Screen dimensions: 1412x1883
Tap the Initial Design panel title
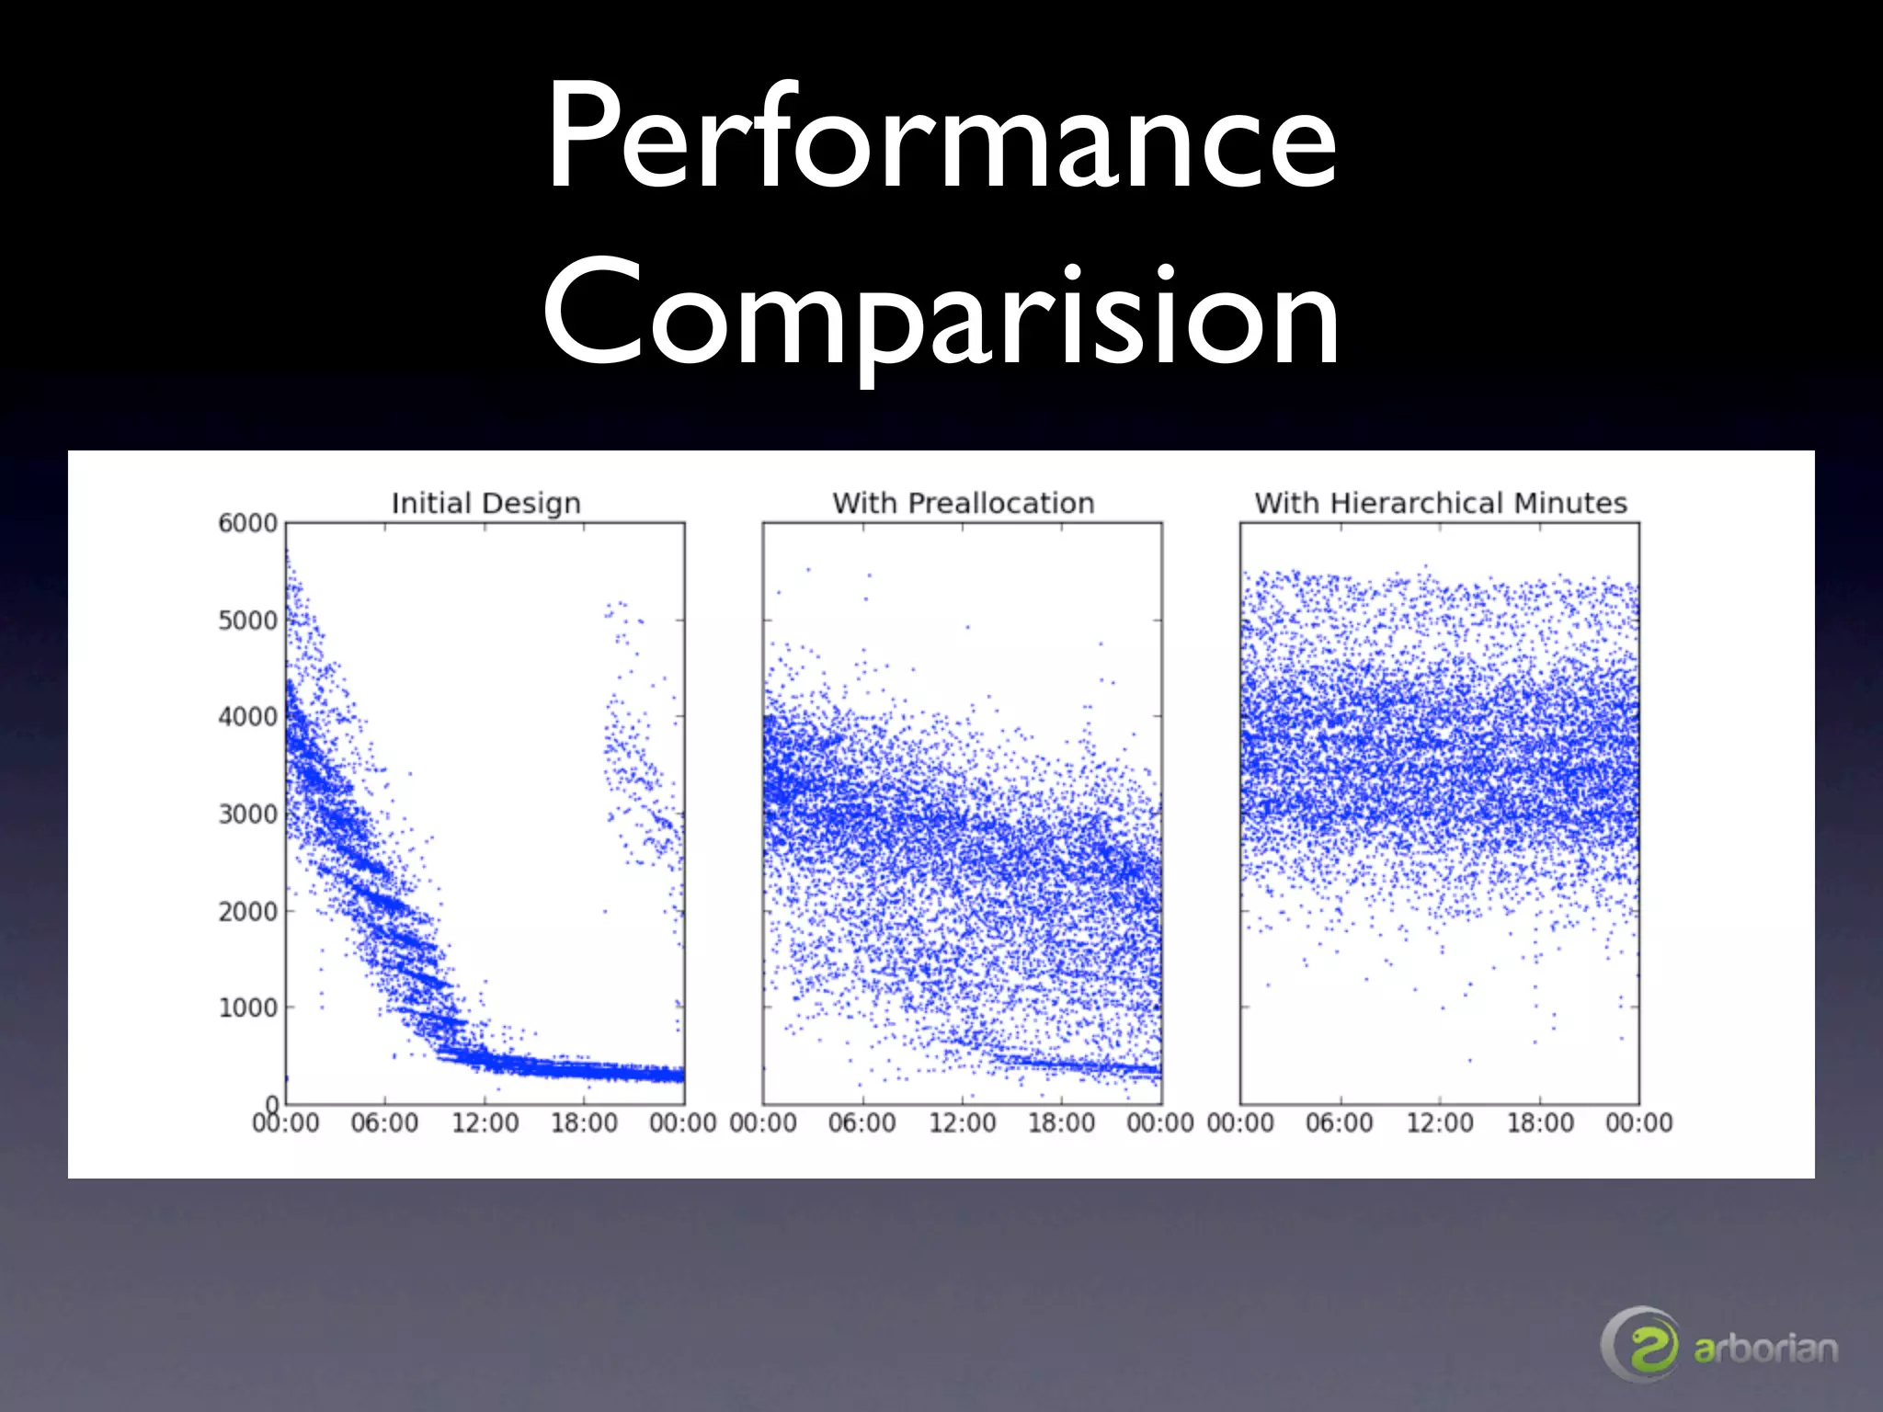485,503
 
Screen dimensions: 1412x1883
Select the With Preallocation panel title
963,503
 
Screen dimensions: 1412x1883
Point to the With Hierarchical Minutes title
1440,503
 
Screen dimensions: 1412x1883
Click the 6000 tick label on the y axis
247,523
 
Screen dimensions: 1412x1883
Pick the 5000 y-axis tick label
247,621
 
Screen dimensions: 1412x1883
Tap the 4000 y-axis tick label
247,717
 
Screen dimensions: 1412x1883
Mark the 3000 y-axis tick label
247,814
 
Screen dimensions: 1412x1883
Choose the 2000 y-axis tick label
247,911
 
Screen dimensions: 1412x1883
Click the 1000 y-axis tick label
247,1008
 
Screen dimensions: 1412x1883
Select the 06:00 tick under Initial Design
384,1122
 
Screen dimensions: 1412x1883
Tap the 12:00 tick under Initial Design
485,1122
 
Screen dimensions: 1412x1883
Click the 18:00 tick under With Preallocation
1061,1122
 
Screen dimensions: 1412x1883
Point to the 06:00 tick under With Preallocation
862,1122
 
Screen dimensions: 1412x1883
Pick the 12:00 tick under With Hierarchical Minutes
1439,1122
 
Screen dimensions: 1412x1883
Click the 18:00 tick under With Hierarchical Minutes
1539,1122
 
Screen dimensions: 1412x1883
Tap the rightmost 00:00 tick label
1638,1122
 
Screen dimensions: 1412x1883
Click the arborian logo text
1765,1349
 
